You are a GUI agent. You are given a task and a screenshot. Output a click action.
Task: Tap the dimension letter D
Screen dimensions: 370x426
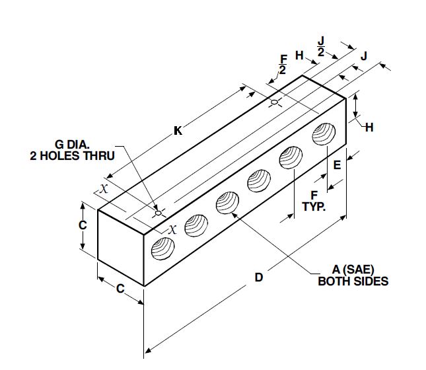click(259, 277)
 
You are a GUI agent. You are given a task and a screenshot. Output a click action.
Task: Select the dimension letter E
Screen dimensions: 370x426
click(337, 166)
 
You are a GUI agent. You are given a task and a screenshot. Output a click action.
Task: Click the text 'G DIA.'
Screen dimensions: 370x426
click(77, 145)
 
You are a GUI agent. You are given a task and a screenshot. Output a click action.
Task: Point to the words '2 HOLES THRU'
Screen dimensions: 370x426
click(73, 156)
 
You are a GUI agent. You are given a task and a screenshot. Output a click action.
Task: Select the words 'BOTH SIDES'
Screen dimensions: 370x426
click(353, 281)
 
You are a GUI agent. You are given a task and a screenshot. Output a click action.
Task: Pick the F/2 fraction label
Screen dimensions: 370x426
click(283, 65)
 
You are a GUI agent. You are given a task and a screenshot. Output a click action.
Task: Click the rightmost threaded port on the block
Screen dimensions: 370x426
click(324, 135)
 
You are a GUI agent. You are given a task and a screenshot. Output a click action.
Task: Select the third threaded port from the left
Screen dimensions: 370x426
click(228, 202)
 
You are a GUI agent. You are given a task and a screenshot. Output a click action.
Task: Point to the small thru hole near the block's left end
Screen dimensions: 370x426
click(158, 213)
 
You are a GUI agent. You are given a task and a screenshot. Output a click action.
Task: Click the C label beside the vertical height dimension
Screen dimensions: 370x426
click(83, 225)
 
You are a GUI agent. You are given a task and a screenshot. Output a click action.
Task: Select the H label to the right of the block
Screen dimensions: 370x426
click(369, 127)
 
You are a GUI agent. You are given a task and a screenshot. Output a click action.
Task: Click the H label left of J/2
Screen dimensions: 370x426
click(300, 55)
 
